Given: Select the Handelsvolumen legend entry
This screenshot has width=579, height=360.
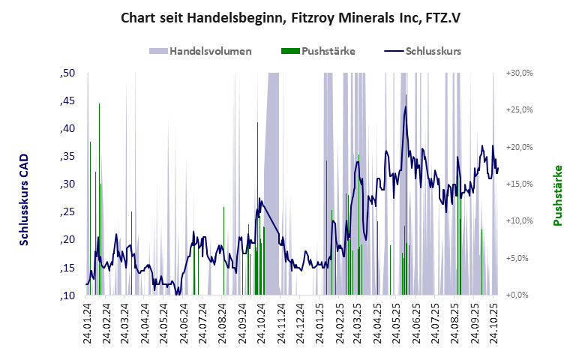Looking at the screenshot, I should tap(200, 52).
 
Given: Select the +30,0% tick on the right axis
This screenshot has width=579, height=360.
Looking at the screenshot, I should tap(519, 73).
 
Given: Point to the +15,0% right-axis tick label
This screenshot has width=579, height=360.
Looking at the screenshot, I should tap(519, 184).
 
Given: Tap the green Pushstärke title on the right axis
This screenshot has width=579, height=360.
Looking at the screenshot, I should tap(557, 195).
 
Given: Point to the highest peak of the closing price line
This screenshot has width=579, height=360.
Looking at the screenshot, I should tap(406, 106).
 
